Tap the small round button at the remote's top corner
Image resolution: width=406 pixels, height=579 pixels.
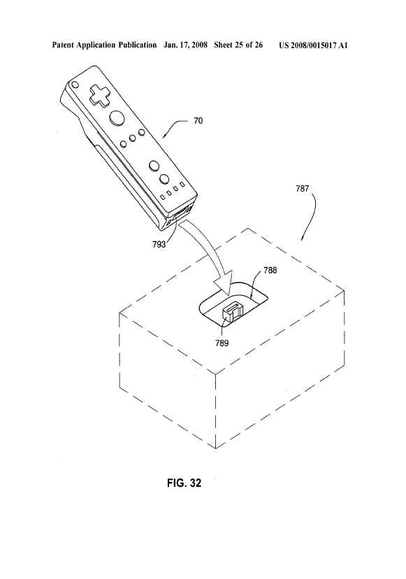tap(75, 85)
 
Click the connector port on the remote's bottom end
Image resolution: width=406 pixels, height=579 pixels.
tap(184, 213)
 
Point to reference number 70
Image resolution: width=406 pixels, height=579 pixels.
tap(198, 121)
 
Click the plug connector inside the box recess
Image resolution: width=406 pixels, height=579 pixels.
tap(232, 310)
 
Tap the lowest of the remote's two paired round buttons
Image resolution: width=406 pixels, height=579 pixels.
tap(165, 178)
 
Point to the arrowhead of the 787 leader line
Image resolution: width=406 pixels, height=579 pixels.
tap(302, 241)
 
